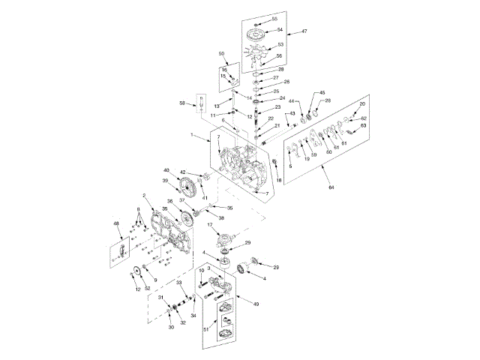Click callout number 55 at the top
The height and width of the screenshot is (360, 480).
(x=274, y=17)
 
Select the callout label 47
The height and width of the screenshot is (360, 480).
(x=304, y=31)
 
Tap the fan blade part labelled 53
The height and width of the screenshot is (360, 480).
(x=257, y=55)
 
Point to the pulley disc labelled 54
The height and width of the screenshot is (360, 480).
(x=259, y=31)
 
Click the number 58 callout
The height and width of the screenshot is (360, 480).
(x=181, y=103)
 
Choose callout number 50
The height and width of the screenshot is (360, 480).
(x=221, y=54)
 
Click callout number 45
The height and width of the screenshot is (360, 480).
(x=322, y=92)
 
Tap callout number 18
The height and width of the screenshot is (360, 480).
(x=278, y=180)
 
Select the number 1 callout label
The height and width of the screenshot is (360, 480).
(x=192, y=135)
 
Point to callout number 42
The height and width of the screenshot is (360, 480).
(x=183, y=172)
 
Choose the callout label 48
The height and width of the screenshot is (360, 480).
(x=116, y=223)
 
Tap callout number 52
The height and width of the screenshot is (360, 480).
(x=147, y=289)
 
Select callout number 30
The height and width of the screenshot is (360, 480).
(x=170, y=327)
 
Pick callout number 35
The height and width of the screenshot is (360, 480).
(x=230, y=208)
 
